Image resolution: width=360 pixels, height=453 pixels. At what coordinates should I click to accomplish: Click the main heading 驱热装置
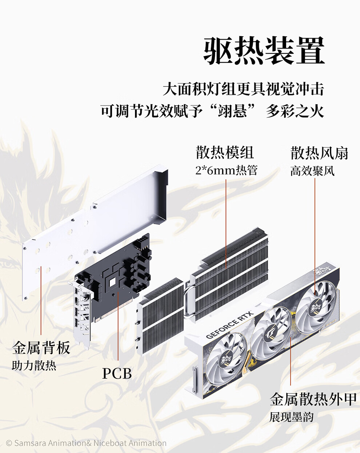click(x=264, y=51)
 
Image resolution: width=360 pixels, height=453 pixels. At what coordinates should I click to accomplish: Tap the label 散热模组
click(x=224, y=153)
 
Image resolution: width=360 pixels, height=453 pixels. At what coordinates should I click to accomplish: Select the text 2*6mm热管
click(x=226, y=170)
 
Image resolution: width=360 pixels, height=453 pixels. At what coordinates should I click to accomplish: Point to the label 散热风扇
click(x=319, y=153)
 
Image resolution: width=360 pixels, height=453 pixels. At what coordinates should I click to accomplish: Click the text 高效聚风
click(x=312, y=170)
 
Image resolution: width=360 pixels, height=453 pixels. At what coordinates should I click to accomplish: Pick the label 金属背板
click(x=41, y=348)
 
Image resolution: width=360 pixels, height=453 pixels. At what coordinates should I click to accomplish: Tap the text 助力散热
click(x=34, y=365)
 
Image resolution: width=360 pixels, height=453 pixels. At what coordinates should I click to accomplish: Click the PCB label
click(x=117, y=373)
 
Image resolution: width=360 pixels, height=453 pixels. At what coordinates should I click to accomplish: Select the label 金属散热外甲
click(x=313, y=399)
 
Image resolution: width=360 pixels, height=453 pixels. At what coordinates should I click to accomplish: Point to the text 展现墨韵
click(x=291, y=417)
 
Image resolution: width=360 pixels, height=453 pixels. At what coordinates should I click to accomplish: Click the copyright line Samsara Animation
click(x=86, y=443)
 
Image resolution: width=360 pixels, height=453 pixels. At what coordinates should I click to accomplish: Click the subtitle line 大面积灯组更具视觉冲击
click(x=243, y=89)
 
